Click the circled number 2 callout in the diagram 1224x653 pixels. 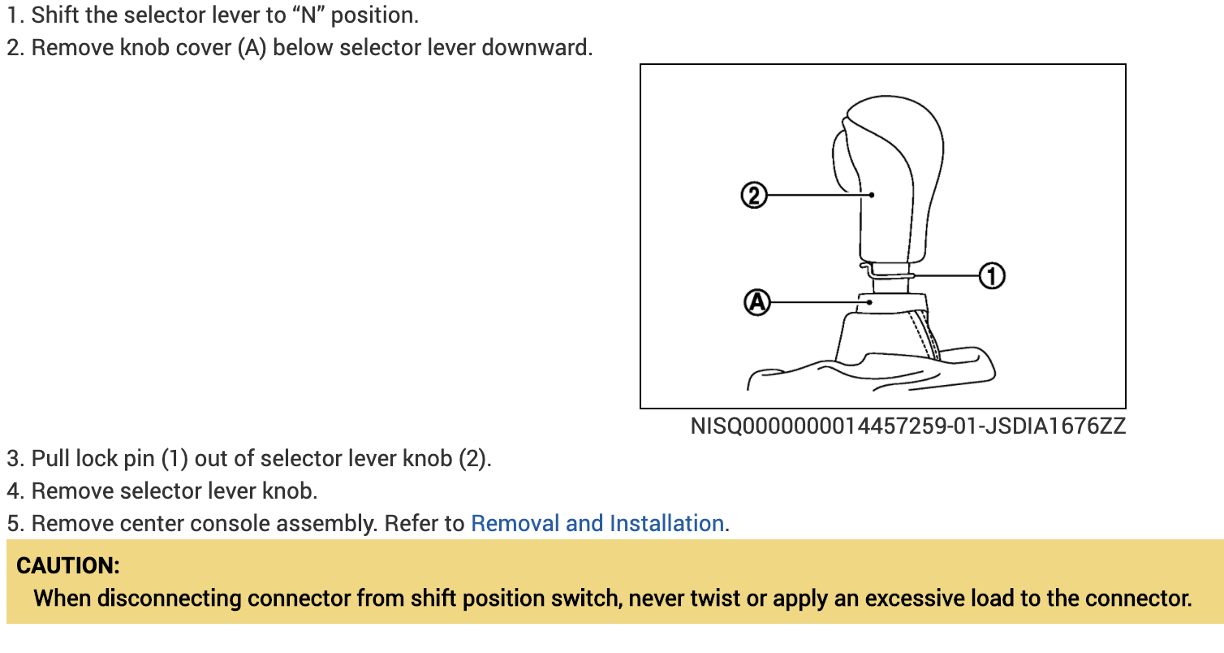coord(754,195)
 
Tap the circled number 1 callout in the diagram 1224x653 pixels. coord(991,276)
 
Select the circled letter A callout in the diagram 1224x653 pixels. coord(756,302)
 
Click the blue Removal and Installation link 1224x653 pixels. coord(597,523)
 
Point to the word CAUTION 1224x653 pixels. coord(68,565)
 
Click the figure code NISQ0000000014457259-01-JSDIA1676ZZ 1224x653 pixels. coord(907,426)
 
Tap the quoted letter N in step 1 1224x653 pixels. coord(308,15)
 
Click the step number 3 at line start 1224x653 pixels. coord(13,458)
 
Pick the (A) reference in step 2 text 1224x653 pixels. coord(252,47)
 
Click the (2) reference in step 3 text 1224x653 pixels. coord(474,458)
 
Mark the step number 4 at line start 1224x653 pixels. coord(13,491)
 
